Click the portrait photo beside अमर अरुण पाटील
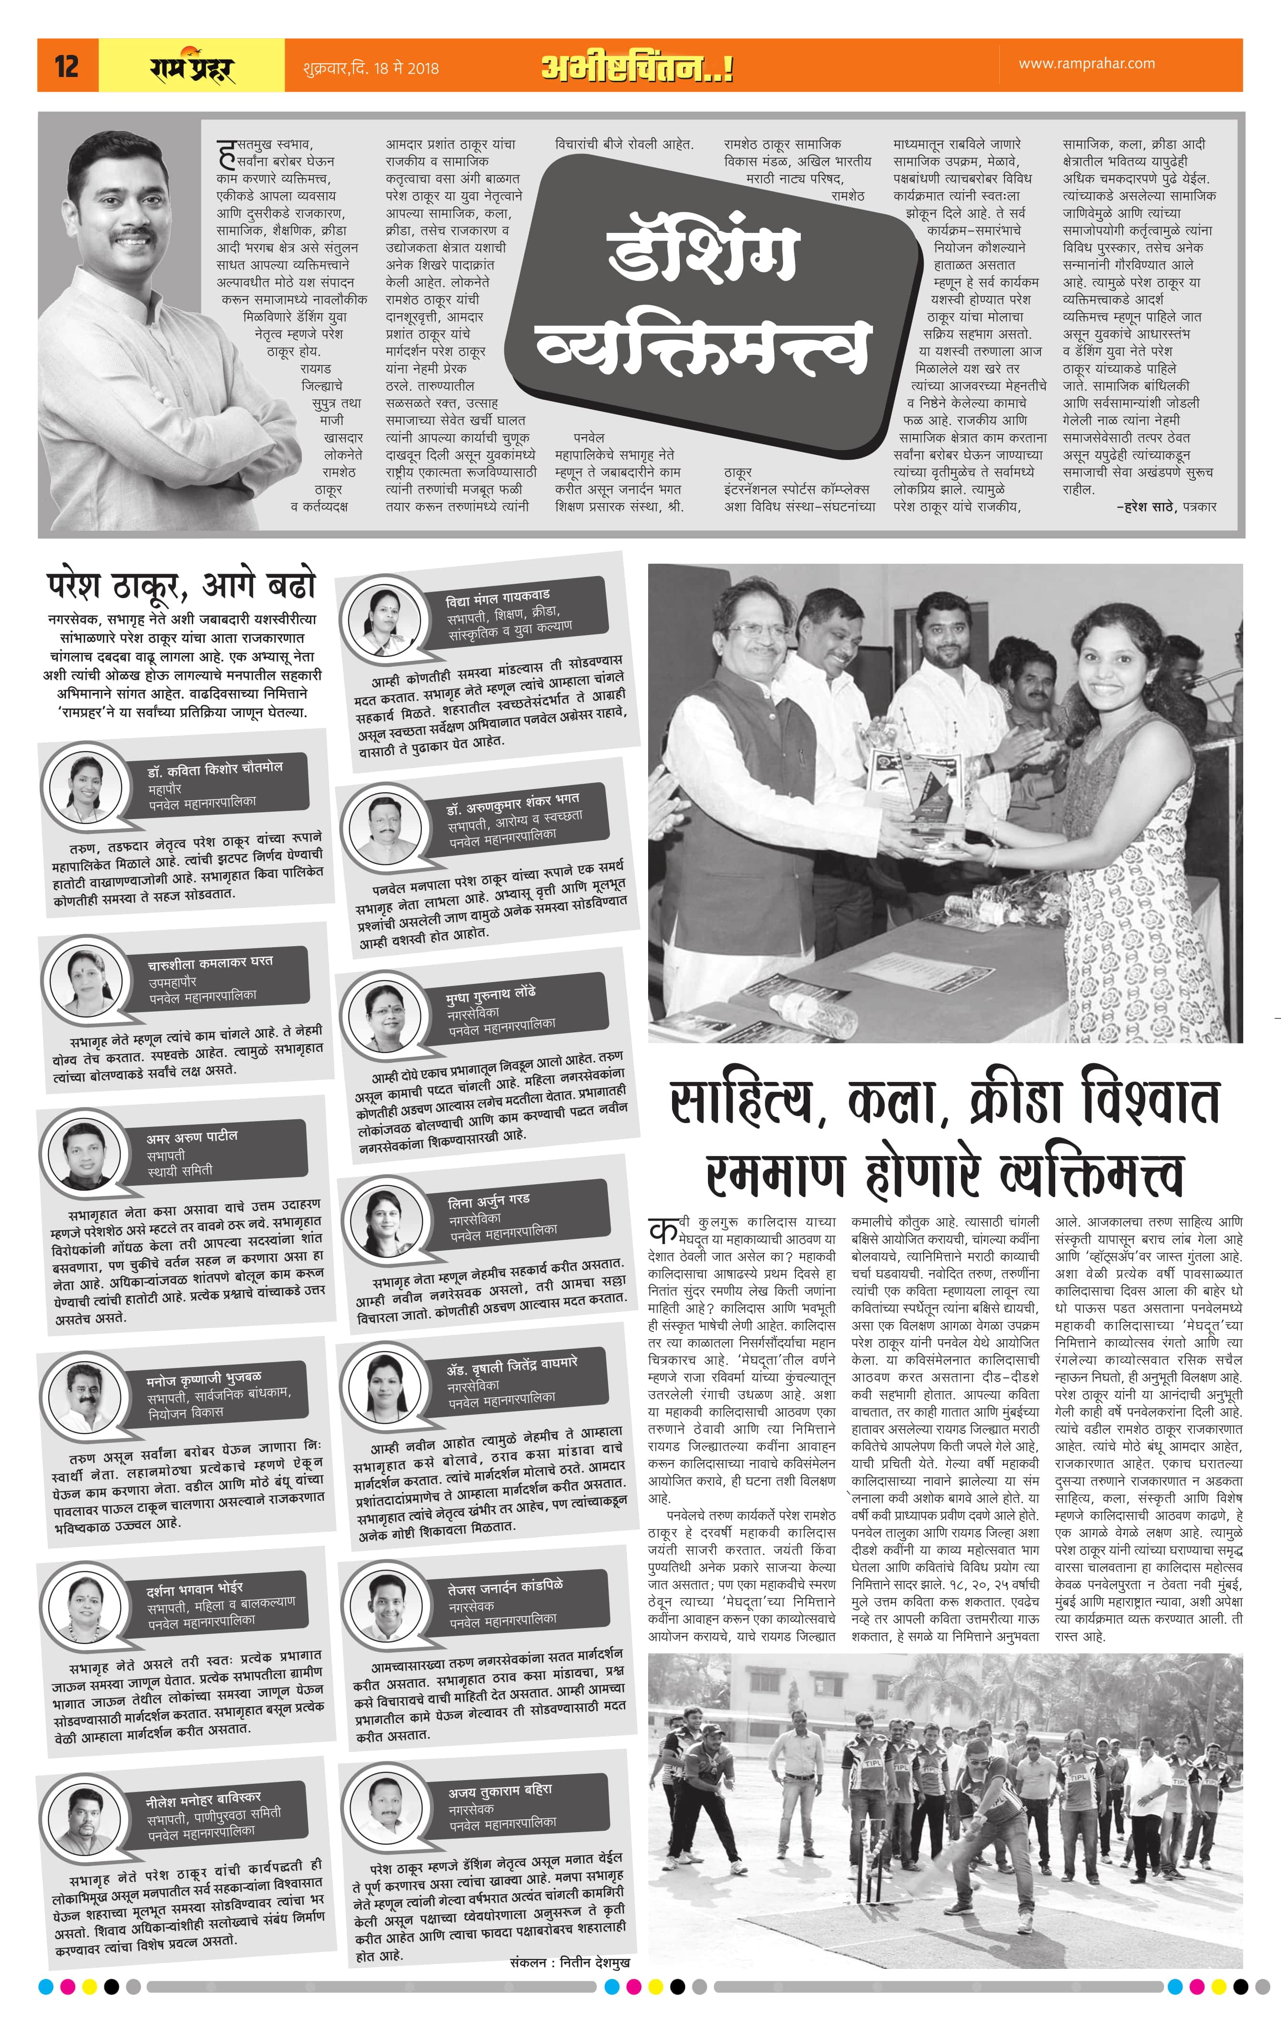click(x=85, y=1152)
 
